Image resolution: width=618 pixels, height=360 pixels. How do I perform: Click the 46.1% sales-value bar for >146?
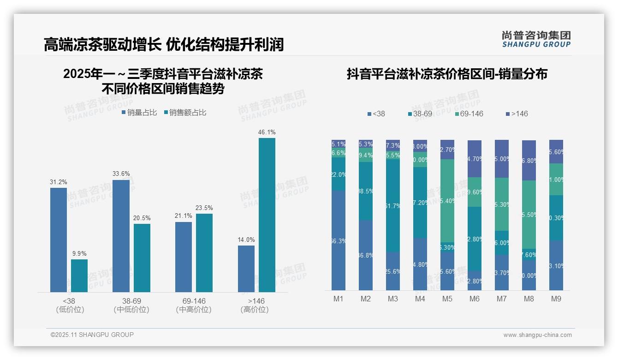click(x=267, y=215)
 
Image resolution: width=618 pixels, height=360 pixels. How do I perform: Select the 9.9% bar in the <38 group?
click(x=79, y=276)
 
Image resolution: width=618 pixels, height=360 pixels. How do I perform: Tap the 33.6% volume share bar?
click(x=121, y=236)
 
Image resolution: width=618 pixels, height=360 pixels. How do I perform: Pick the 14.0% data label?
click(x=246, y=240)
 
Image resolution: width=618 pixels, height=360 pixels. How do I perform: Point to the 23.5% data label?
click(x=204, y=208)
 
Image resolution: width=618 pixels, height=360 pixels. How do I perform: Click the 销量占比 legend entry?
click(x=139, y=112)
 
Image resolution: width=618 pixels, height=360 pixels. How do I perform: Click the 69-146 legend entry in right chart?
click(x=468, y=114)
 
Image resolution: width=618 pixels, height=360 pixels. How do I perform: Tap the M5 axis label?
click(x=447, y=299)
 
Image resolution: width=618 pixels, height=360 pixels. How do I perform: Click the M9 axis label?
click(x=556, y=299)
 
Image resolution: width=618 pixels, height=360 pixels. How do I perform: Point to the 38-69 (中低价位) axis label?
click(x=131, y=305)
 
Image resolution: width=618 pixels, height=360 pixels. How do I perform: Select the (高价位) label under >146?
click(x=254, y=310)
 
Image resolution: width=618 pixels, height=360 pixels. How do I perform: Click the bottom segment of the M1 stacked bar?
click(x=338, y=240)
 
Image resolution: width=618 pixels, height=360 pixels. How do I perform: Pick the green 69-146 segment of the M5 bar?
click(x=447, y=200)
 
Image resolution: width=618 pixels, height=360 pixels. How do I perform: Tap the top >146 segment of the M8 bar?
click(x=529, y=160)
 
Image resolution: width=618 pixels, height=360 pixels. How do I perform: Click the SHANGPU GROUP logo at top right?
click(x=536, y=39)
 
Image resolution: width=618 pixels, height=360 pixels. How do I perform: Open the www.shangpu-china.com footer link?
click(x=537, y=335)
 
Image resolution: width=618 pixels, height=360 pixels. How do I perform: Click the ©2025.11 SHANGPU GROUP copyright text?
click(x=92, y=335)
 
